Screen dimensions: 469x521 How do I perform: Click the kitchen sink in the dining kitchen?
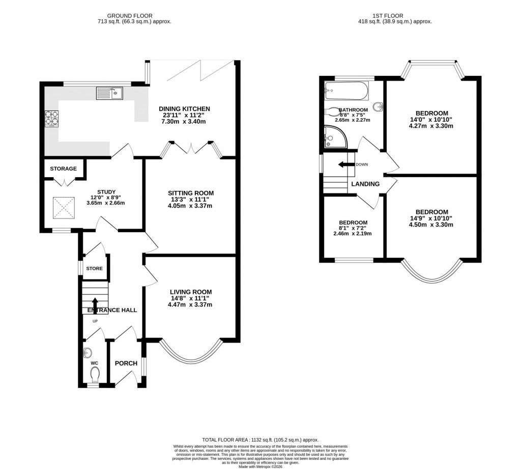[x=109, y=93]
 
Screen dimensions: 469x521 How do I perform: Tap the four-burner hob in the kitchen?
[x=52, y=119]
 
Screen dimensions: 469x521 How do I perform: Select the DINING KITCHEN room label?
[x=184, y=109]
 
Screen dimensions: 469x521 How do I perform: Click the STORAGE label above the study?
[x=64, y=169]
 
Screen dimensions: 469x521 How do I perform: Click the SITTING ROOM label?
[x=191, y=193]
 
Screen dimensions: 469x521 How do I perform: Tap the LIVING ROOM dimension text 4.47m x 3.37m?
[x=191, y=305]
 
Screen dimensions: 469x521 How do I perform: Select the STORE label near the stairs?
[x=94, y=268]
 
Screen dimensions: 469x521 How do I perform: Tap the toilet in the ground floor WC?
[x=95, y=375]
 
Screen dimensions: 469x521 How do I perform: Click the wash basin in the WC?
[x=86, y=353]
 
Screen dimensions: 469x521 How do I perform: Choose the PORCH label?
[x=126, y=363]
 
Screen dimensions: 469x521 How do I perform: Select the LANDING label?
[x=365, y=184]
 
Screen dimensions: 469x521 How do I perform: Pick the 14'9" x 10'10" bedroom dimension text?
[x=431, y=218]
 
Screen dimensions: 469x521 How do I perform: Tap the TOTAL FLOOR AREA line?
[x=260, y=439]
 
